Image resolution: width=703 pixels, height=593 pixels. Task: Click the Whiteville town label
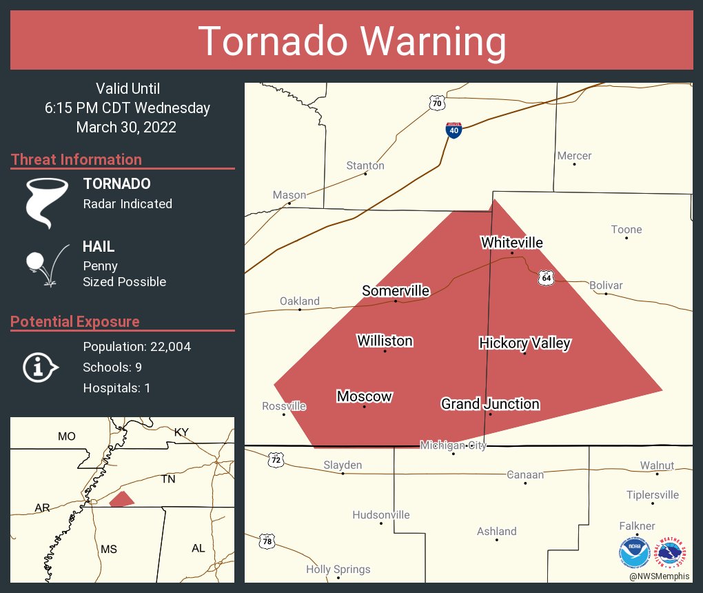[x=511, y=243]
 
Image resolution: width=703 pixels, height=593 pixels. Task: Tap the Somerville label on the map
[x=396, y=291]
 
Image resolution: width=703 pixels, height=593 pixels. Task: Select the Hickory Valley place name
[x=524, y=343]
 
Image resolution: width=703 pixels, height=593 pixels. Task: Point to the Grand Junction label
[x=490, y=404]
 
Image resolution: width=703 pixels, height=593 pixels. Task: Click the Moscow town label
[x=364, y=396]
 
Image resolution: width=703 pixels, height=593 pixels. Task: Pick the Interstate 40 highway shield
[x=453, y=130]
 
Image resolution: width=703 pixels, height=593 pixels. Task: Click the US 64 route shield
[x=546, y=277]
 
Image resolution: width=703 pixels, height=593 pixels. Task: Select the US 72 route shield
[x=276, y=459]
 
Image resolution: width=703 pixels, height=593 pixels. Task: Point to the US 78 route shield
[x=267, y=541]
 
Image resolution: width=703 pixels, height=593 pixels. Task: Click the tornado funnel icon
[x=47, y=201]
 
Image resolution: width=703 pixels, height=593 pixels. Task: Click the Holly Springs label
[x=338, y=570]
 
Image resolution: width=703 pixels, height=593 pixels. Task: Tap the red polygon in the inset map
[x=122, y=499]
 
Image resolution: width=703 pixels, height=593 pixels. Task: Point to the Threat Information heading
[x=77, y=160]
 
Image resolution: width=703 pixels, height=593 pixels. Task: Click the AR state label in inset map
[x=42, y=508]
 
